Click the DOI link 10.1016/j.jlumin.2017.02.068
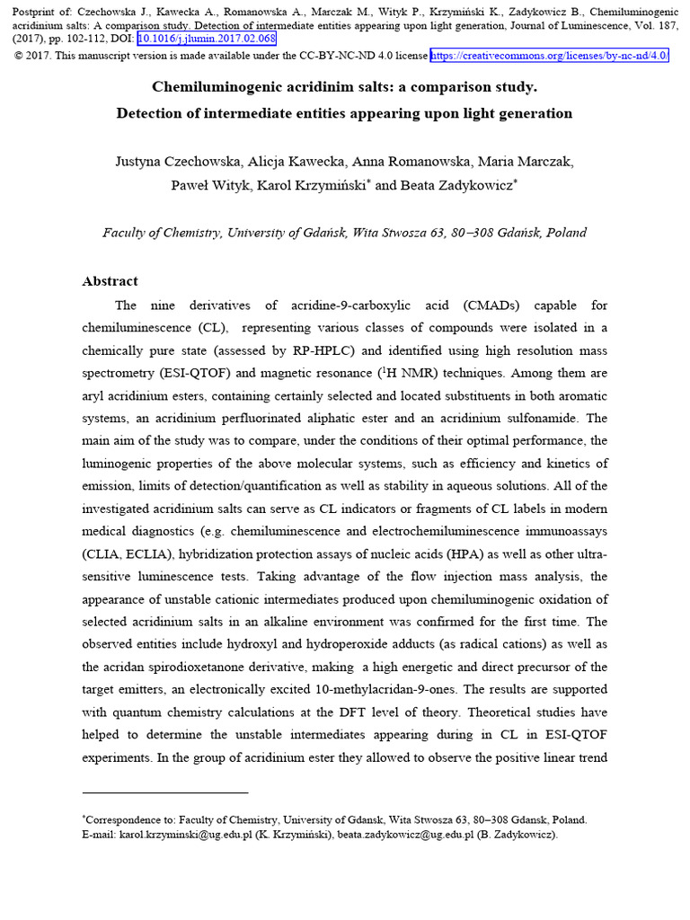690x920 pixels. click(x=206, y=40)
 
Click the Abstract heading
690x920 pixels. click(x=111, y=281)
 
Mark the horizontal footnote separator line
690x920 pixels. click(x=164, y=793)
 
